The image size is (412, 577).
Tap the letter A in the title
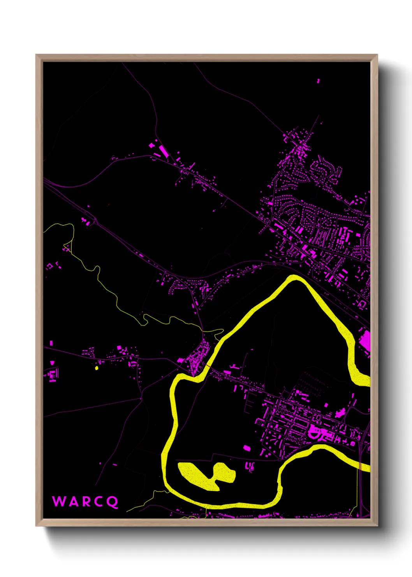(72, 501)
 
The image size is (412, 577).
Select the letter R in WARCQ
(86, 501)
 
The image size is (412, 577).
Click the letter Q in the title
(113, 502)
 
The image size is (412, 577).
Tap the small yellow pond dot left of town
(97, 367)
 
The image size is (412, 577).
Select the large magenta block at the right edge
(365, 340)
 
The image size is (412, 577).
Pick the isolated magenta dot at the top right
(318, 81)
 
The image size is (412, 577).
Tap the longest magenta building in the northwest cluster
(163, 151)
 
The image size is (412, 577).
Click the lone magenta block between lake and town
(246, 448)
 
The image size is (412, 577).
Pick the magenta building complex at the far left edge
(52, 375)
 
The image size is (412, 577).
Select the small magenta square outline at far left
(49, 267)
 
